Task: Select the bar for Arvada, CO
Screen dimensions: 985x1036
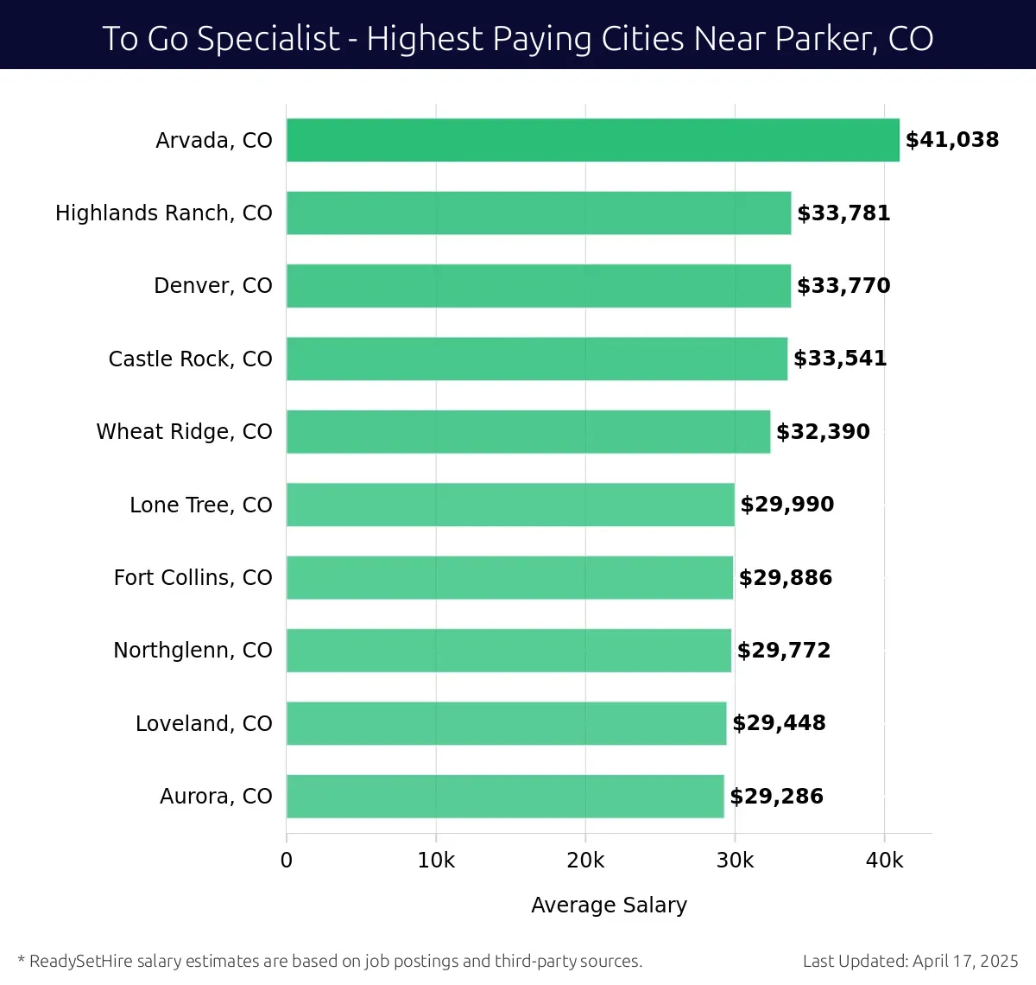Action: coord(592,140)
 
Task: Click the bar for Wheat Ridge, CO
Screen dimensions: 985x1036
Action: coord(527,431)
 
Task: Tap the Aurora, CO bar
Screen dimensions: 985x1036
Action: coord(504,796)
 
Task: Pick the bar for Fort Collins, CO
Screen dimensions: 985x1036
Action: coord(509,577)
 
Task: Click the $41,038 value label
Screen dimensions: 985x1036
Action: coord(951,140)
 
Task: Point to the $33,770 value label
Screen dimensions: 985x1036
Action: coord(843,286)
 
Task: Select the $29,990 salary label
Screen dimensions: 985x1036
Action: coord(786,505)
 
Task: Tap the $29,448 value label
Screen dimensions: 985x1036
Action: coord(779,723)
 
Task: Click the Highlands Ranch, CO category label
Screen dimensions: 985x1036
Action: coord(163,213)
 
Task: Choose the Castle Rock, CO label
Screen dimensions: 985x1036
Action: coord(190,359)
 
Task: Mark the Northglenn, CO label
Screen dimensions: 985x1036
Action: coord(193,651)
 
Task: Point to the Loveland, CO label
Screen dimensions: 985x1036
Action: coord(204,723)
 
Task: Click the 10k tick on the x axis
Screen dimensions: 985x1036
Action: coord(436,861)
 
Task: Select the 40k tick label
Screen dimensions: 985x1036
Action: coord(884,861)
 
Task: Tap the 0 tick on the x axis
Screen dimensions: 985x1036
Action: coord(287,861)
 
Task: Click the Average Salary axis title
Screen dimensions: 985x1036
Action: coord(609,905)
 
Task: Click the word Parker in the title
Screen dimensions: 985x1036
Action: coord(816,39)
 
